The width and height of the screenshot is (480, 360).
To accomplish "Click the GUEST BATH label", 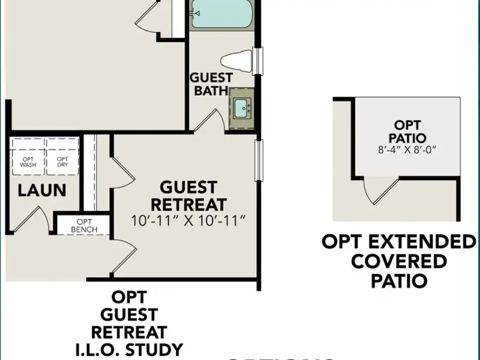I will [x=211, y=85].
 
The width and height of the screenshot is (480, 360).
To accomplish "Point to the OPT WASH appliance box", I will [x=28, y=158].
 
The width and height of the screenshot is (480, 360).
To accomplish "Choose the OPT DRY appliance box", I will [x=62, y=158].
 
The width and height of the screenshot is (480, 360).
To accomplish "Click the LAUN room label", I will [x=41, y=191].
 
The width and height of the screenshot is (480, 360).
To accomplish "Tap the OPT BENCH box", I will [x=83, y=226].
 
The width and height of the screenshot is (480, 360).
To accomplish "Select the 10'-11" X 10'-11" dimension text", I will [x=188, y=221].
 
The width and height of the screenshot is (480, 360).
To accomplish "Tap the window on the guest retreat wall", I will [x=259, y=160].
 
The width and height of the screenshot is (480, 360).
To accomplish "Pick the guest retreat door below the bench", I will [x=124, y=254].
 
